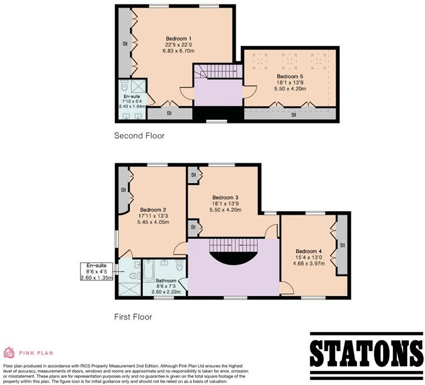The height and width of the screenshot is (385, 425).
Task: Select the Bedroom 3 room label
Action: coord(226,197)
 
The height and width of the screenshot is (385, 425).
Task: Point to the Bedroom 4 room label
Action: coord(309,251)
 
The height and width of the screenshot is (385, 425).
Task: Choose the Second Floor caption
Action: coord(139,136)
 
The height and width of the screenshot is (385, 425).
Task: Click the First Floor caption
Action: coord(133,317)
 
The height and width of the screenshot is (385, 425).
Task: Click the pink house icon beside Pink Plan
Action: coord(9,353)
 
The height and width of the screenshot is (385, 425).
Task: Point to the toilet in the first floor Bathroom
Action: coord(179,264)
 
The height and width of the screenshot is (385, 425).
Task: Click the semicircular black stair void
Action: coord(233,258)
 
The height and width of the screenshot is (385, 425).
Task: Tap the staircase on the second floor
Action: coord(218,71)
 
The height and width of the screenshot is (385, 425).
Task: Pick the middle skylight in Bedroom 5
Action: coord(289,60)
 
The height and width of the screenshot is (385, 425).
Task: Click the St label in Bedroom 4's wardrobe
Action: coord(342,245)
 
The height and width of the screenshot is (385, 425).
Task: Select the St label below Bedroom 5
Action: coord(294,115)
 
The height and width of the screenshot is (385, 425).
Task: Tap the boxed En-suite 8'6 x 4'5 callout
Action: coord(97,272)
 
